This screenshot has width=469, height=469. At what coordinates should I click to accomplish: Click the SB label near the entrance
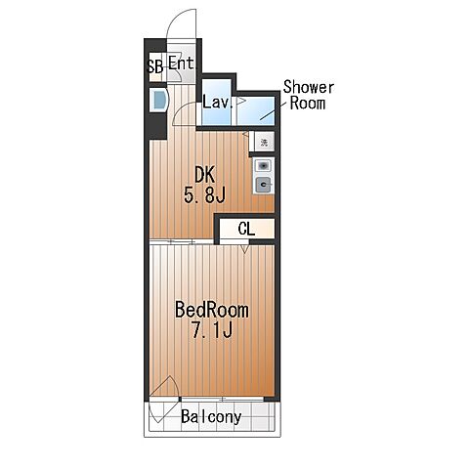(x=155, y=66)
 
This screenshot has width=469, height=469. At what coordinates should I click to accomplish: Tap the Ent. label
(x=182, y=63)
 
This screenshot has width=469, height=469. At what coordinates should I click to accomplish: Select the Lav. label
(x=218, y=102)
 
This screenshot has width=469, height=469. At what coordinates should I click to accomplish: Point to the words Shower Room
(x=308, y=95)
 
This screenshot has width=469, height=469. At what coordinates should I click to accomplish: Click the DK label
(x=205, y=175)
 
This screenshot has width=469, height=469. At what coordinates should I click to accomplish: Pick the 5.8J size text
(x=204, y=195)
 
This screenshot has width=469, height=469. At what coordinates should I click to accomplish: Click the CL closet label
(x=246, y=229)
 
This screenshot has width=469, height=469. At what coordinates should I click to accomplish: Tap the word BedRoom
(x=212, y=310)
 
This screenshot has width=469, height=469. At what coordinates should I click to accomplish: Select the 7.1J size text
(x=212, y=330)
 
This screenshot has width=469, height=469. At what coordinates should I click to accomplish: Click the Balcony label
(x=211, y=416)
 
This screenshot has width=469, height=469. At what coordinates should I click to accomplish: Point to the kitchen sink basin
(x=263, y=166)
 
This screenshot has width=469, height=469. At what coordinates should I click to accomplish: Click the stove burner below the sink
(x=263, y=185)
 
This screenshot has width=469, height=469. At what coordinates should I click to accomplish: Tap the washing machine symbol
(x=265, y=143)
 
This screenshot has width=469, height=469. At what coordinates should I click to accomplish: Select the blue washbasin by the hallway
(x=159, y=100)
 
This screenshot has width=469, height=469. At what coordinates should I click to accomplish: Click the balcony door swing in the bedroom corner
(x=164, y=399)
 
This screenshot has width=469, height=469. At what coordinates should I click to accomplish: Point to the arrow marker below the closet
(x=245, y=248)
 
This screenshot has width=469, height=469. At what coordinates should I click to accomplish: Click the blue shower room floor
(x=255, y=110)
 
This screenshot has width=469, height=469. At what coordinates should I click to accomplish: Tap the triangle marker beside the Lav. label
(x=240, y=101)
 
